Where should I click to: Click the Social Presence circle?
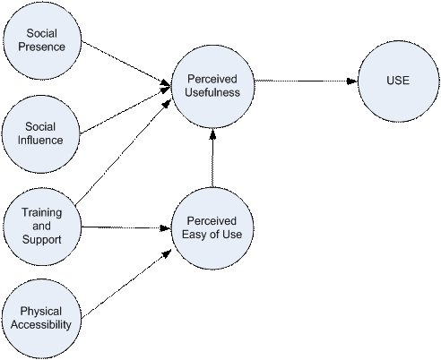click(42, 40)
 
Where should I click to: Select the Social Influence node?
click(40, 134)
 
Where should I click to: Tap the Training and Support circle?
click(42, 227)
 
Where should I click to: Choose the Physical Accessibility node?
click(41, 319)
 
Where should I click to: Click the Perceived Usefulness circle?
click(212, 86)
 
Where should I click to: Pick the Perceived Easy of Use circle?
click(212, 228)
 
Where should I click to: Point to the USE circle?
click(399, 81)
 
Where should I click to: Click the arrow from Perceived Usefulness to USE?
click(306, 81)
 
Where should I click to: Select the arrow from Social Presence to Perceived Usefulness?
click(125, 64)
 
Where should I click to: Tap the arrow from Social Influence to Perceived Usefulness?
click(125, 111)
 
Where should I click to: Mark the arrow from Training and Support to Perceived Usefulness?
click(124, 152)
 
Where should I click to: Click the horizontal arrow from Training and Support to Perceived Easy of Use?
click(125, 227)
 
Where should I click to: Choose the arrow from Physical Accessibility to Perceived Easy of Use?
click(126, 284)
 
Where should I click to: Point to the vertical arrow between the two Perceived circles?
click(212, 158)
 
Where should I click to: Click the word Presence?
click(41, 47)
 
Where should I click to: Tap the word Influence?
click(40, 141)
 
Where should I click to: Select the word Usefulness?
click(212, 92)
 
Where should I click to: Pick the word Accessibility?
click(41, 325)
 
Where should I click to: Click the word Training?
click(42, 213)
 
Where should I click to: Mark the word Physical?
click(41, 312)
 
